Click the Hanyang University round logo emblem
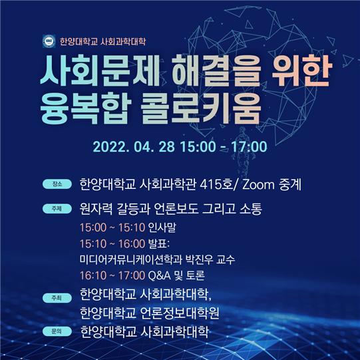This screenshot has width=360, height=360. click(49, 41)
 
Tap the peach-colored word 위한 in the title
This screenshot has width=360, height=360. click(301, 71)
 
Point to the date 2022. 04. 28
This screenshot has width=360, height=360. click(134, 146)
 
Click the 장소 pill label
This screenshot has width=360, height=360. click(57, 184)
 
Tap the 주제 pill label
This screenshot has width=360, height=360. click(57, 208)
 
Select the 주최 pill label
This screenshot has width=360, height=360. click(57, 297)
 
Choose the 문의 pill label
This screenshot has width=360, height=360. click(57, 331)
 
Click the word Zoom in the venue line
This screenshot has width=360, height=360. click(258, 185)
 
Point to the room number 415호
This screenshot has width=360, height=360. click(216, 184)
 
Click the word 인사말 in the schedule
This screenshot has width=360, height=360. click(162, 228)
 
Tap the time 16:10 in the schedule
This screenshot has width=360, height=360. click(93, 275)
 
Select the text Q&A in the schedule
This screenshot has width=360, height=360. click(159, 275)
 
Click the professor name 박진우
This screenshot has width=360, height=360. click(199, 260)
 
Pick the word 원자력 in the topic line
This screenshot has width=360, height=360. click(96, 209)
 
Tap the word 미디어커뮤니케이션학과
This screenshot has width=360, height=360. click(131, 260)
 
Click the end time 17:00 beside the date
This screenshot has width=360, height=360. click(249, 146)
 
